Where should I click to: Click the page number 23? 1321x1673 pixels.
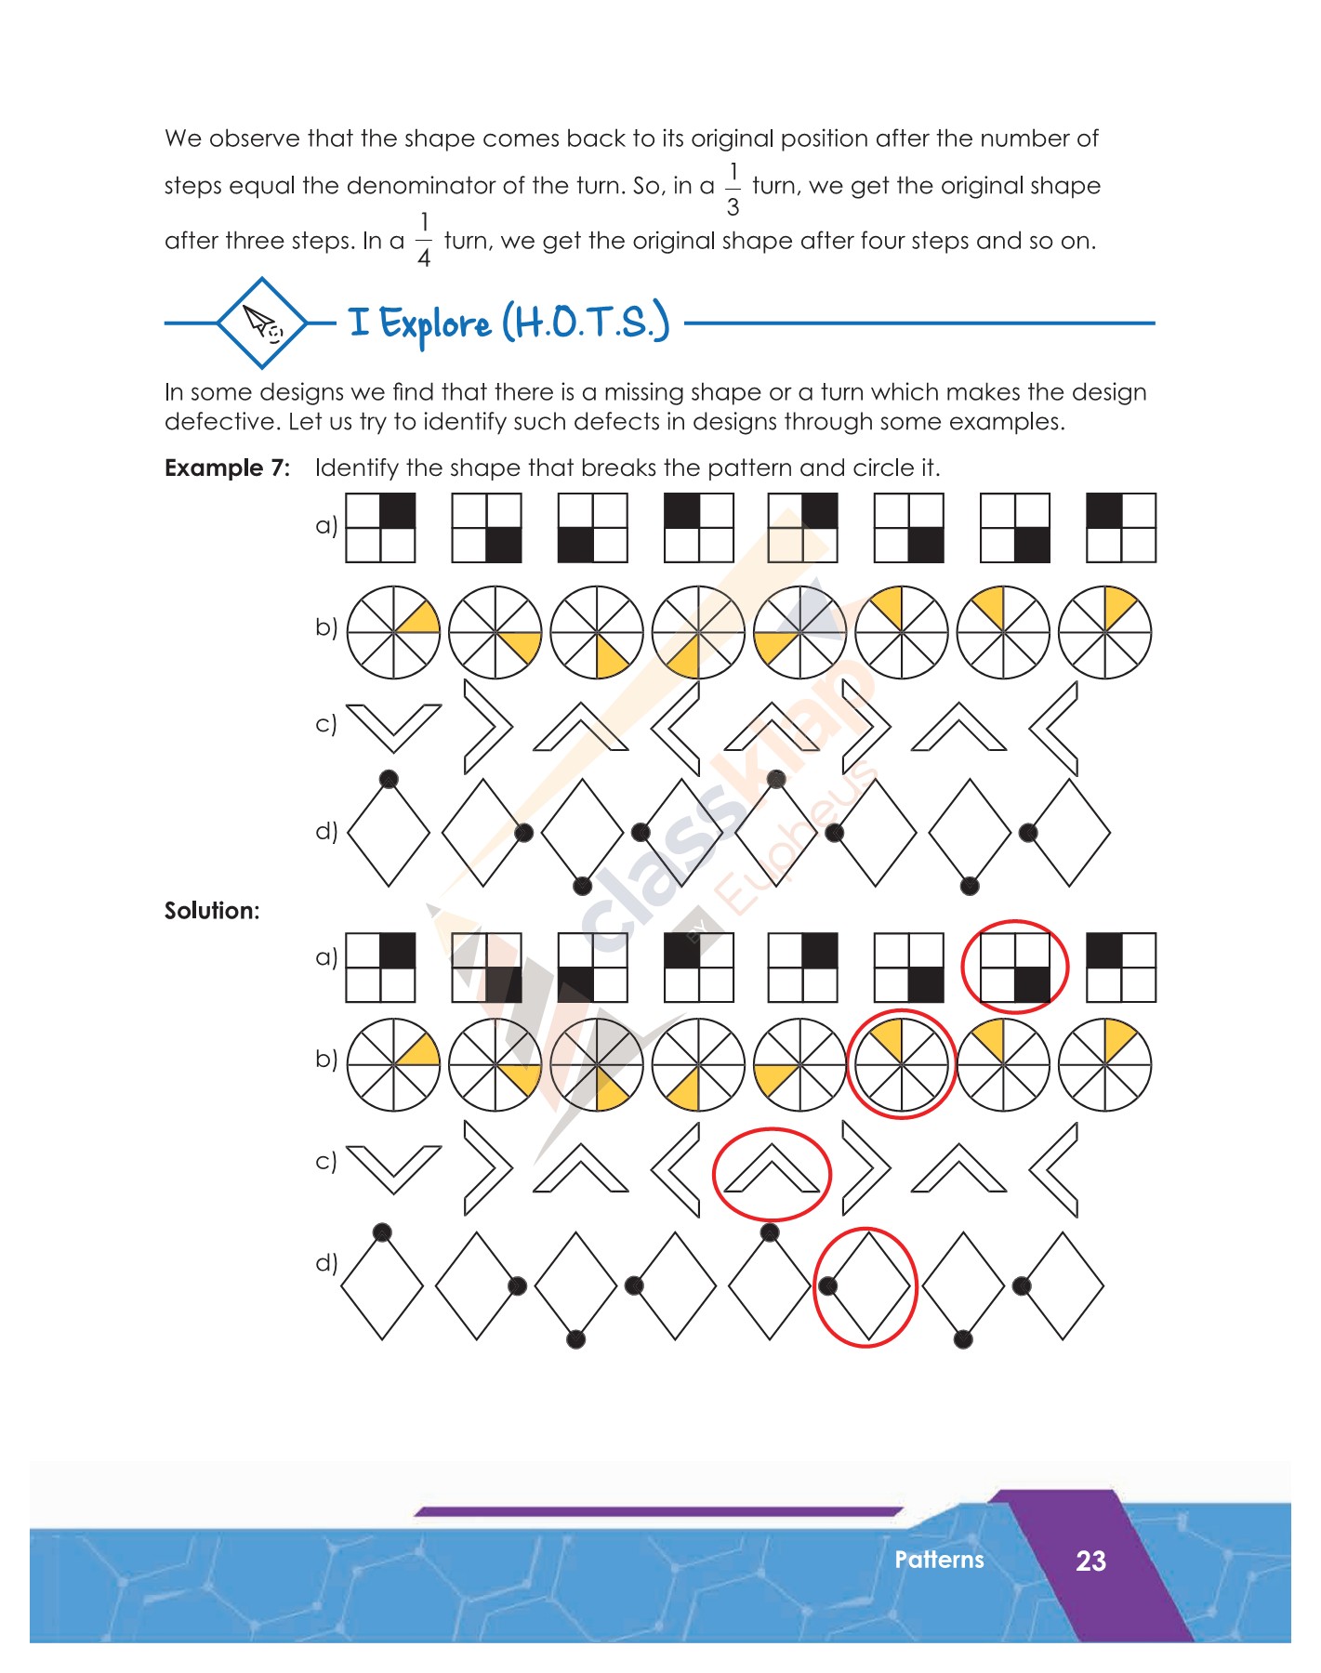tap(1090, 1561)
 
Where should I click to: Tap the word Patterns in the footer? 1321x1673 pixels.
tap(939, 1560)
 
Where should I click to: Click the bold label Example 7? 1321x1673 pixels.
tap(227, 468)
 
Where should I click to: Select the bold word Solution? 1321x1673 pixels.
tap(212, 911)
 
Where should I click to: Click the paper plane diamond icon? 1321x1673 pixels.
tap(263, 323)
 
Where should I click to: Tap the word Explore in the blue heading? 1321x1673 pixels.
tap(435, 323)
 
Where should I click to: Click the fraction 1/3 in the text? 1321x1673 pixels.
tap(733, 190)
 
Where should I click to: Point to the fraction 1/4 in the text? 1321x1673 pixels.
tap(424, 241)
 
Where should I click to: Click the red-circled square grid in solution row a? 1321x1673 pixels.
tap(1015, 968)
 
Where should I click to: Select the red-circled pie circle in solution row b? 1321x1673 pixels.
tap(901, 1064)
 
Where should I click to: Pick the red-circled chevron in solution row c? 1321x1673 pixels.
tap(771, 1173)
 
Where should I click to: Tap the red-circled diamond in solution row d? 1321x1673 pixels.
tap(866, 1286)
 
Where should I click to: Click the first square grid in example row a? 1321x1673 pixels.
tap(380, 528)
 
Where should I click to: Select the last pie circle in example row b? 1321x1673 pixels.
tap(1104, 632)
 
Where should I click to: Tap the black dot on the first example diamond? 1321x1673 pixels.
tap(389, 779)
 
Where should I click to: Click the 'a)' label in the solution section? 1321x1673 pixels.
tap(326, 956)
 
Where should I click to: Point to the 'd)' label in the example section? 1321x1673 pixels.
tap(326, 830)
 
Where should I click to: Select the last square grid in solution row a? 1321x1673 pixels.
tap(1121, 968)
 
